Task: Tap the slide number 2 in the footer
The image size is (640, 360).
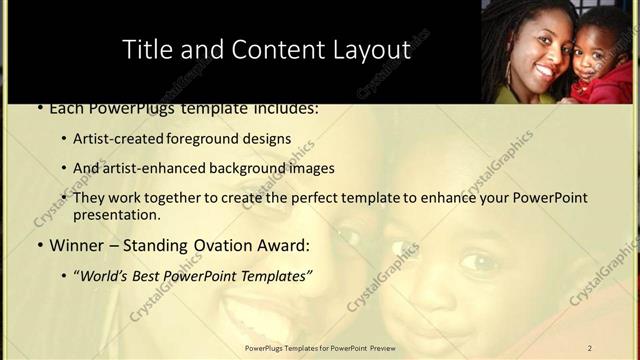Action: tap(589, 348)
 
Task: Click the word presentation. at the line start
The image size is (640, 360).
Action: tap(116, 214)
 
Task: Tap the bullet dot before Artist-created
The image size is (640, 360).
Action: tap(64, 140)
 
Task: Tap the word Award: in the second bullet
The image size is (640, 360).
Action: tap(283, 245)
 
